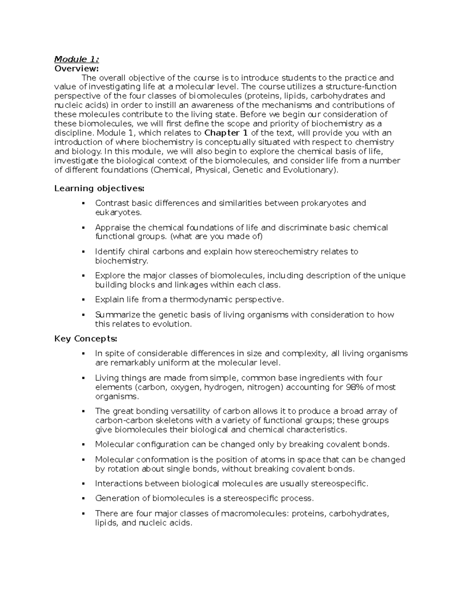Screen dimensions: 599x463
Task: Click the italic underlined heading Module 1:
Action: click(x=76, y=59)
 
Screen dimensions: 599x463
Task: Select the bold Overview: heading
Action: click(x=76, y=68)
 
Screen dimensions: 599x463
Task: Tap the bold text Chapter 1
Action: click(x=226, y=133)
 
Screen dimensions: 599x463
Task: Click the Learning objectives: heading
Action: click(x=99, y=188)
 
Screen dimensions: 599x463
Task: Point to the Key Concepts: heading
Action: click(x=86, y=339)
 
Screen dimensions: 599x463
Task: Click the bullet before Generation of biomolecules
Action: click(x=83, y=498)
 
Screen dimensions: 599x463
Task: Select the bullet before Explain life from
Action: click(x=83, y=300)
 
